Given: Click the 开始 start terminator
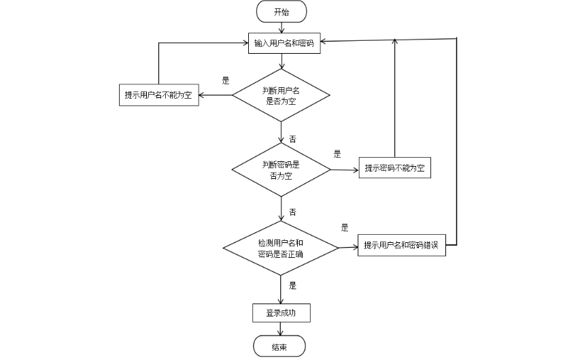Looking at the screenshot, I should tap(281, 12).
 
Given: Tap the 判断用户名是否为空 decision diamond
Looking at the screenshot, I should tap(281, 95).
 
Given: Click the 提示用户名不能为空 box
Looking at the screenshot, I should tap(158, 95).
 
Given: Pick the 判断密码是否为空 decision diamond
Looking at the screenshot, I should tap(281, 170).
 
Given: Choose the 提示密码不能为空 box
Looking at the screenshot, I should tap(394, 169).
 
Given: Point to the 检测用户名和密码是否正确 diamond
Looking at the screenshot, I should tap(281, 248).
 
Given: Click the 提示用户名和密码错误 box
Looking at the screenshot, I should tap(401, 246).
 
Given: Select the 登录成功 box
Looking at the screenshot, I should tap(281, 313).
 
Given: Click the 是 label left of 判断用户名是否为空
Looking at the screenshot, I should tap(226, 80).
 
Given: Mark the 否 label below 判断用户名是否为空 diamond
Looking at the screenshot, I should tap(292, 139).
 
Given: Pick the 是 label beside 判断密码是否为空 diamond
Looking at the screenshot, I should tap(337, 154).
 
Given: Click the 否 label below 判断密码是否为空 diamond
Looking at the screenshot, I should tap(292, 212).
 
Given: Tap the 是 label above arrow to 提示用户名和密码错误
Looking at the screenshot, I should tap(345, 228).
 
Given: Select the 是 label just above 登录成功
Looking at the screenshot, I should tap(292, 286).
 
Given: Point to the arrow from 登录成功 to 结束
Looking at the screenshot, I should tap(281, 329).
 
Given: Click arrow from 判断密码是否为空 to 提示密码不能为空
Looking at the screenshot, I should tap(344, 169).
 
